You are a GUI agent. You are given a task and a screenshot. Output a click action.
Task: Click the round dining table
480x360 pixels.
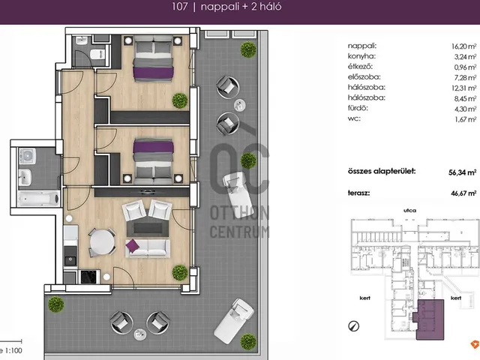[x=102, y=242]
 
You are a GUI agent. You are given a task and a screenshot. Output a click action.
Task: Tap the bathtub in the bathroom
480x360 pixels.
[x=38, y=199]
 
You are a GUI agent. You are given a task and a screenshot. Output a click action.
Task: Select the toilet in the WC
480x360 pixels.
[x=97, y=55]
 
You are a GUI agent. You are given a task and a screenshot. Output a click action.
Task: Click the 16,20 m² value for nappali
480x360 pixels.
[x=463, y=46]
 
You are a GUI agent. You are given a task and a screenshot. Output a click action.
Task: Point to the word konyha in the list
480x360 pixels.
[x=361, y=56]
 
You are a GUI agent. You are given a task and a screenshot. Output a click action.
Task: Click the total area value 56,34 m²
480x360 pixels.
[x=462, y=172]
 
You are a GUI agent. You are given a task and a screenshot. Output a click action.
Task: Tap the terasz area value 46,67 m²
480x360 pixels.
[x=463, y=193]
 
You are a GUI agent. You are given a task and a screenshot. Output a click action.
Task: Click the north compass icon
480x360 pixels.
[x=353, y=326]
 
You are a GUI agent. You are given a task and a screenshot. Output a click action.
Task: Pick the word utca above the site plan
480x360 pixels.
[x=409, y=211]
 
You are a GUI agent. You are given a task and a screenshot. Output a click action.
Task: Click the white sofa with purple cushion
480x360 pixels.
[x=148, y=248]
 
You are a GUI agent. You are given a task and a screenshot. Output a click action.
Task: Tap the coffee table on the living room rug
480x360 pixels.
[x=148, y=228]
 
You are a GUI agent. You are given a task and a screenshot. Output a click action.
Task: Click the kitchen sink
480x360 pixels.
[x=70, y=260]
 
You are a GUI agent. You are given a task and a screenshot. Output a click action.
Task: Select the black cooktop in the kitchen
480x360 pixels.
[x=90, y=277]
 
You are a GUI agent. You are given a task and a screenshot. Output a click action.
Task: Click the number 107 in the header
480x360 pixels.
[x=179, y=7]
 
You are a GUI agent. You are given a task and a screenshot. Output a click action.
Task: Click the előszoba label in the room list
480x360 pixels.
[x=364, y=77]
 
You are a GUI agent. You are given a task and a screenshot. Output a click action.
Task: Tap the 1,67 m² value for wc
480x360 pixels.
[x=465, y=119]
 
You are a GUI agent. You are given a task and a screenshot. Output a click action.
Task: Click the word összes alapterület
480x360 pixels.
[x=382, y=172]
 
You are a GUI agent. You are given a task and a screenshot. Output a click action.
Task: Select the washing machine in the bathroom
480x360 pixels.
[x=27, y=156]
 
